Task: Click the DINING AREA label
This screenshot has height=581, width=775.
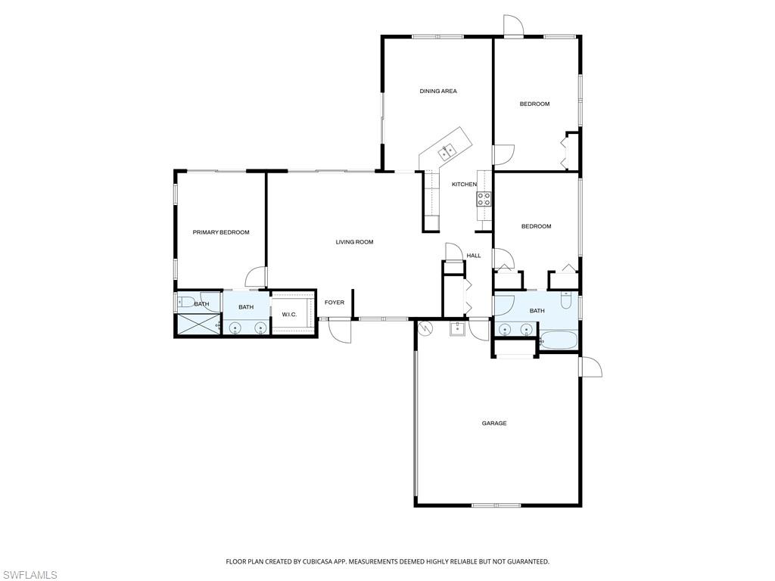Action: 438,91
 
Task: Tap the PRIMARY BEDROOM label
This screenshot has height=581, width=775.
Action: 221,232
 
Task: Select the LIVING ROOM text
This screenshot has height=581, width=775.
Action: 354,242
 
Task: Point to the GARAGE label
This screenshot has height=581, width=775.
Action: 494,424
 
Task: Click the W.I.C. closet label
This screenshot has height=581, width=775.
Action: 289,315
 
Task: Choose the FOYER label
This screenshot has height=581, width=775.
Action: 334,303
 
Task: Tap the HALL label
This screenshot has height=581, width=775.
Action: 474,256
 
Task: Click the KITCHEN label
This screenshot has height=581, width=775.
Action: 464,185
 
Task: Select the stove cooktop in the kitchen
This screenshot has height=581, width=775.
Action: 484,199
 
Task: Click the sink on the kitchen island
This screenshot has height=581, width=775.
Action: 448,151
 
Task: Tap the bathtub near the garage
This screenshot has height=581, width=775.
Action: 559,341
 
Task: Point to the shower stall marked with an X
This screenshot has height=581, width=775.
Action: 198,325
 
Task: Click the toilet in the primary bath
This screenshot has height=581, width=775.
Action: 186,301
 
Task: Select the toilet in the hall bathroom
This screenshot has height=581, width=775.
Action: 566,300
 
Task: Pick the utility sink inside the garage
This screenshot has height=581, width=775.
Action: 458,328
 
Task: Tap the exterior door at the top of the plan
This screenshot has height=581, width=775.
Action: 513,25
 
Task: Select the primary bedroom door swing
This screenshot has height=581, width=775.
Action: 257,277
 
